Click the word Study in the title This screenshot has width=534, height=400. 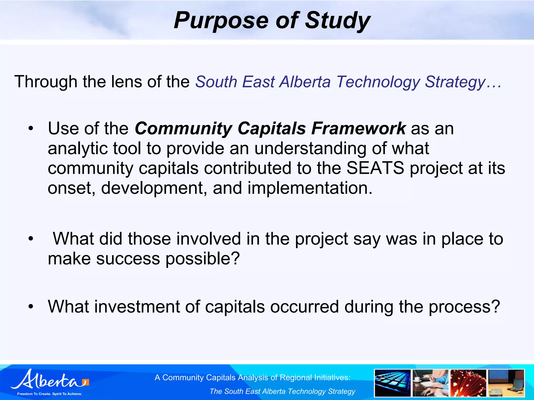tap(337, 21)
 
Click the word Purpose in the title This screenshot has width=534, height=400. tap(221, 21)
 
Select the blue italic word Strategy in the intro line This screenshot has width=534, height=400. tap(455, 82)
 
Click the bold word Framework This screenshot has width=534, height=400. tap(359, 128)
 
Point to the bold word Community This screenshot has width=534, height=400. tap(183, 128)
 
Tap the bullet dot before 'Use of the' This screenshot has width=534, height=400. tap(31, 128)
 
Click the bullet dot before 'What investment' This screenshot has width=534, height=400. tap(31, 307)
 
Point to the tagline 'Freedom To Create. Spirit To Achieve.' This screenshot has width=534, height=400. tap(50, 394)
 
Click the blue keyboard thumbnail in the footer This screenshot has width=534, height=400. tap(392, 383)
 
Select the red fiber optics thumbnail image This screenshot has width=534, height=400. tap(468, 383)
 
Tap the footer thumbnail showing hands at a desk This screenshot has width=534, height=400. tap(430, 383)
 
